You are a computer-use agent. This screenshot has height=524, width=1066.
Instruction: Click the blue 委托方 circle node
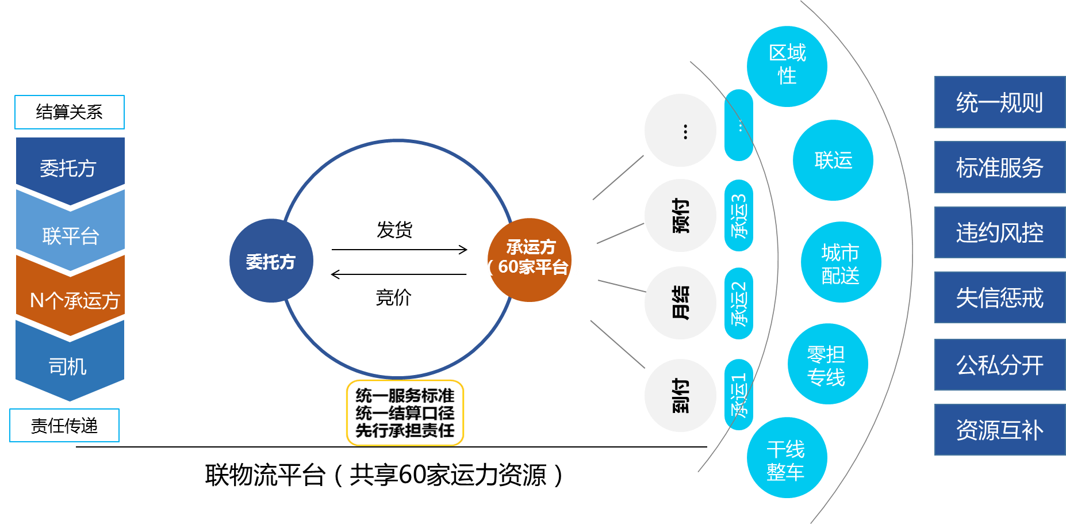[271, 261]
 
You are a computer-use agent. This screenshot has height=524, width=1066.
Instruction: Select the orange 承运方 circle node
[530, 259]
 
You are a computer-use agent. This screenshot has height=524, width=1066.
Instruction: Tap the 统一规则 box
[999, 102]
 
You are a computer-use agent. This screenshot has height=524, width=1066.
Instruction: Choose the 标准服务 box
[999, 167]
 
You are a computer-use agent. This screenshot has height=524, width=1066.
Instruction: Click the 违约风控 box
[999, 232]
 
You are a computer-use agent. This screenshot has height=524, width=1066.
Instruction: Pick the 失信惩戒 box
[999, 297]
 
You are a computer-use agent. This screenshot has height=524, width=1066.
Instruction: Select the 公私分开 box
[999, 365]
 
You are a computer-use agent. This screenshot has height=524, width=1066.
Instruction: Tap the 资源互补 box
[999, 430]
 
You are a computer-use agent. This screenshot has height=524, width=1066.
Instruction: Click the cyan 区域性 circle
[787, 66]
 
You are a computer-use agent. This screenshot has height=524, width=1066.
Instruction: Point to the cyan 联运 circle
[833, 160]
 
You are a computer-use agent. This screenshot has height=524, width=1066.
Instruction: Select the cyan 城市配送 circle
[841, 262]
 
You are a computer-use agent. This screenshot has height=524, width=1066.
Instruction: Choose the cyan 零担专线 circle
[827, 364]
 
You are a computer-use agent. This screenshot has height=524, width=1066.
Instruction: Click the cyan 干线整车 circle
[787, 458]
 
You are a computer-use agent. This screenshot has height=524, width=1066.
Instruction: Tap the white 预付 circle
[680, 216]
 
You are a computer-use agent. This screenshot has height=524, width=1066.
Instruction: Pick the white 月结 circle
[680, 303]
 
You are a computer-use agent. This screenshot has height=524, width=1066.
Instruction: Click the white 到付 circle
[680, 395]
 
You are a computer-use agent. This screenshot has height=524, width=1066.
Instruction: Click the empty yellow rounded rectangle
[405, 413]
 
